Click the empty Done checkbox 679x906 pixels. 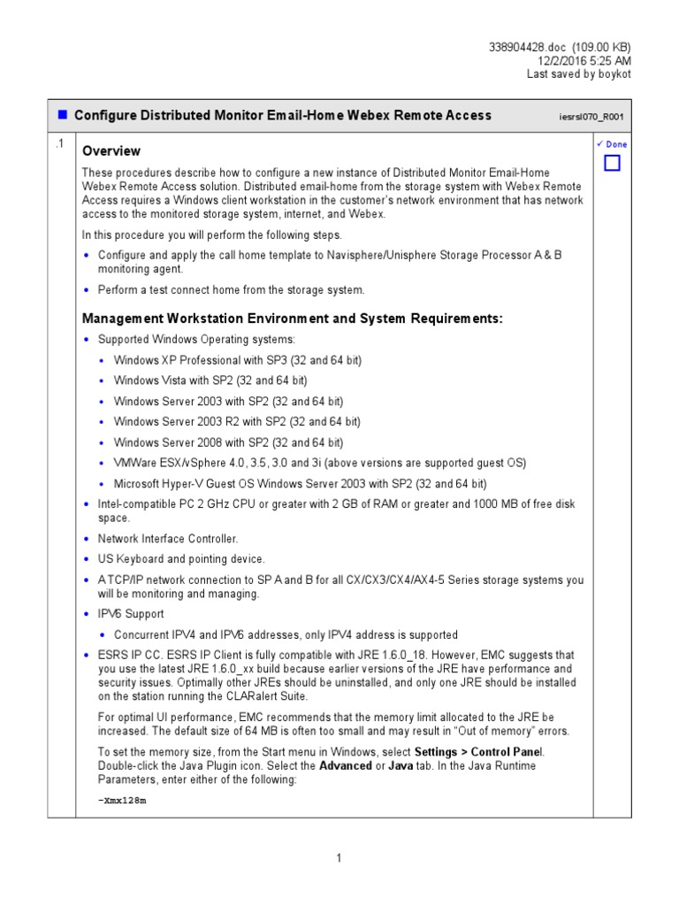[612, 163]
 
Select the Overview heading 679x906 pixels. [111, 151]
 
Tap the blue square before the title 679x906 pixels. [63, 115]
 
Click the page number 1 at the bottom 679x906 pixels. [339, 858]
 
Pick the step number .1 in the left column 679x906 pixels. [59, 144]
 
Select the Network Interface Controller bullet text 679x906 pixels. [168, 538]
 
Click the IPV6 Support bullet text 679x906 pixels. [130, 613]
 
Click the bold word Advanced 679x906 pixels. [345, 765]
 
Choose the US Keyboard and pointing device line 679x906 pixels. [180, 559]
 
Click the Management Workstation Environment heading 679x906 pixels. [292, 319]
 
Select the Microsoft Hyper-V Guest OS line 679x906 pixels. [300, 484]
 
